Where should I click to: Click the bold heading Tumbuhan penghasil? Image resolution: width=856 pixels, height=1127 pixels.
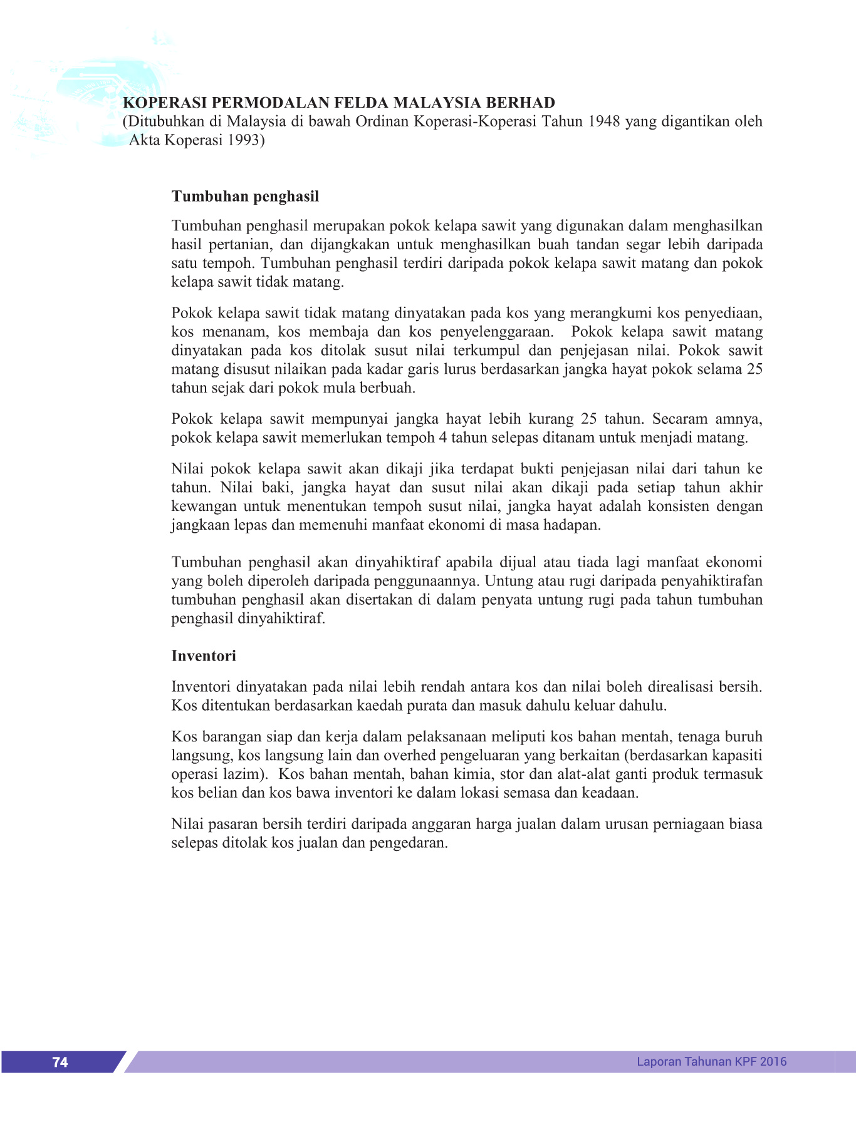pos(245,197)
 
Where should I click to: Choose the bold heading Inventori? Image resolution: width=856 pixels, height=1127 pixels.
pos(204,656)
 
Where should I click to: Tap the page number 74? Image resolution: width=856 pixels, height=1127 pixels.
pos(60,1062)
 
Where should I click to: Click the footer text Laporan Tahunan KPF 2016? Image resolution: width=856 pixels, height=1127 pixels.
pos(711,1061)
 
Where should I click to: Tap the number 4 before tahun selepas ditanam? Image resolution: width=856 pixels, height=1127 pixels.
pos(443,438)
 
